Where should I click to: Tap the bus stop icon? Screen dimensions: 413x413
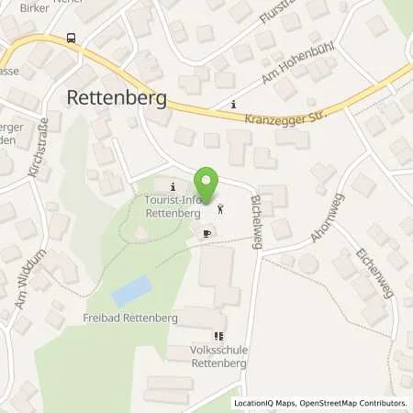(x=71, y=39)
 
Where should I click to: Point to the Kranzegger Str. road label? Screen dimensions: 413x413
(x=285, y=117)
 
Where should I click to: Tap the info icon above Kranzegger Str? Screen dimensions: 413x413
(x=233, y=104)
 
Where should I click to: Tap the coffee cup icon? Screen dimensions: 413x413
(x=206, y=235)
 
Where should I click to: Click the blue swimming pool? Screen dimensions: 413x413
(x=130, y=293)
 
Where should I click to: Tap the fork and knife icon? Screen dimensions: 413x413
(x=218, y=336)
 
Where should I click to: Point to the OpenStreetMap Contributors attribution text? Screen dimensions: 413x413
(x=352, y=403)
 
